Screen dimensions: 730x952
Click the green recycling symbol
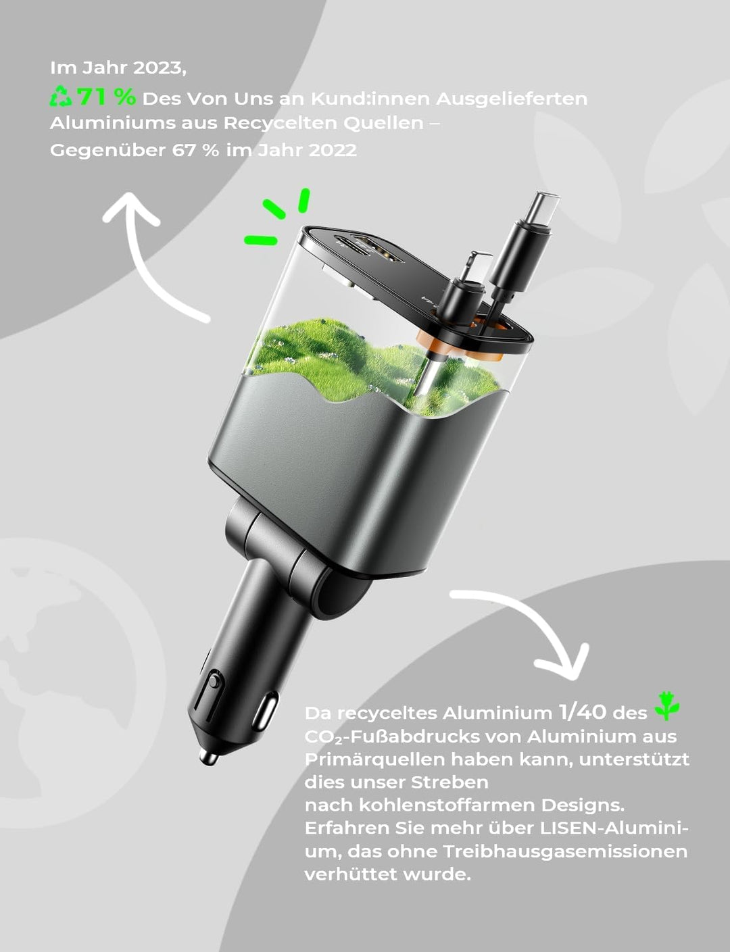[61, 97]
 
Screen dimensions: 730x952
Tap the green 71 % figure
[107, 97]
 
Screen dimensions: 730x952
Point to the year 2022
[333, 150]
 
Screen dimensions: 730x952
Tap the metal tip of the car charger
[208, 757]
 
